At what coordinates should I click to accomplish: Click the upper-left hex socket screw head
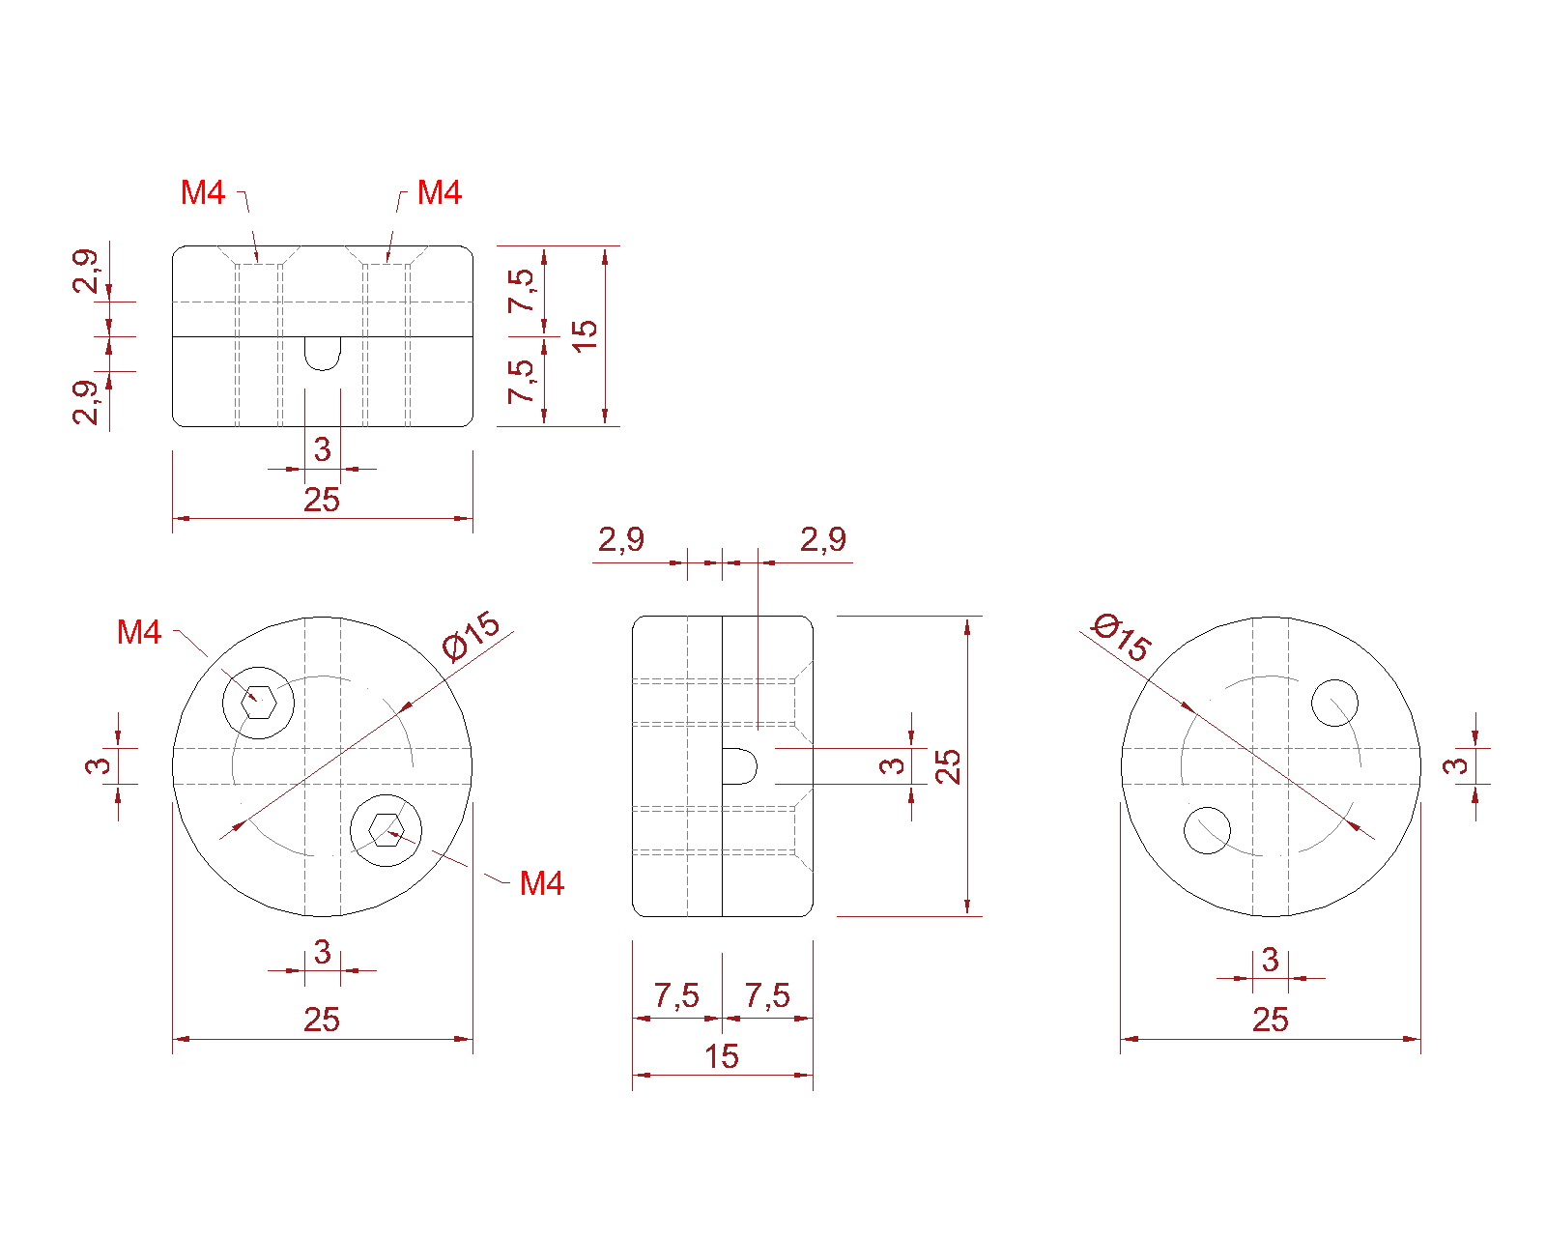(258, 703)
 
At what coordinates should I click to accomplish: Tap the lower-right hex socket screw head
(386, 830)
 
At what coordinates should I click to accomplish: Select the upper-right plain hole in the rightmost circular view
(1334, 703)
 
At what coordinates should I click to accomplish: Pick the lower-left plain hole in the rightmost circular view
(1207, 830)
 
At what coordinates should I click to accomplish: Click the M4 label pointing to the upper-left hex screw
(139, 633)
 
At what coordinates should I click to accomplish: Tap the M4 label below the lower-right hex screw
(542, 883)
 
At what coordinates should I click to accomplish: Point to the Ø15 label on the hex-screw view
(471, 635)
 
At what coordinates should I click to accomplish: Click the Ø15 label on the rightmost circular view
(1122, 637)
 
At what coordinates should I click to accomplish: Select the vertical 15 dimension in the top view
(585, 335)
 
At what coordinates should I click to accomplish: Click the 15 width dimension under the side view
(721, 1056)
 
